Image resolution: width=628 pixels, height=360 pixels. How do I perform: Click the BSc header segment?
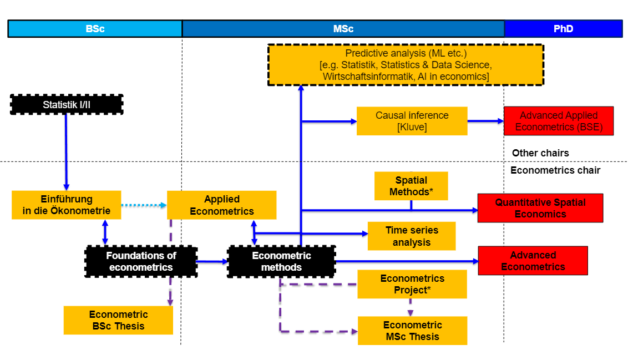(x=95, y=29)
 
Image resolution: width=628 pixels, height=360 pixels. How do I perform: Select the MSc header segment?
(x=343, y=29)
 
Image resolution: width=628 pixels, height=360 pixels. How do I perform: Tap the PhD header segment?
(x=563, y=29)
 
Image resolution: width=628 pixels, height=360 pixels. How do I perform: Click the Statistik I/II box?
(x=67, y=104)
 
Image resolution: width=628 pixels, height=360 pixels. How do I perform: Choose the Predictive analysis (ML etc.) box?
(x=406, y=65)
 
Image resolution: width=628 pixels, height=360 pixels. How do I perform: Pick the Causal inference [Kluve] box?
(x=412, y=121)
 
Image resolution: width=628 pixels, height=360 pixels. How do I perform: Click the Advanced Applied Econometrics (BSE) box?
(x=559, y=121)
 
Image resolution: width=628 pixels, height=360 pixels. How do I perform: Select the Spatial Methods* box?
(x=411, y=186)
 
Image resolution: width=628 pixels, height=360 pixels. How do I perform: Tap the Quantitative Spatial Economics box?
(x=540, y=208)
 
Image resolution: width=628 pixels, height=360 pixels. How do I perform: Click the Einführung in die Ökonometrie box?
(x=67, y=205)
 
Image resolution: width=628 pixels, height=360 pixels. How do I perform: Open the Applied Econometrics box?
(x=221, y=205)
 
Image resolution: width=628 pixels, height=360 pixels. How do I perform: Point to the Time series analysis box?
(x=412, y=236)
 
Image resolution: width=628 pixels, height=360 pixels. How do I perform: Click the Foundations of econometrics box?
(x=141, y=261)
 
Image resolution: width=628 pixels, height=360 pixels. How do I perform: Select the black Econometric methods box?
(x=281, y=261)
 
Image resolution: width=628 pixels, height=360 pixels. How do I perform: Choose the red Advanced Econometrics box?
(x=533, y=261)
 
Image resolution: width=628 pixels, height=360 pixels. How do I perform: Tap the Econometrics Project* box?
(x=412, y=284)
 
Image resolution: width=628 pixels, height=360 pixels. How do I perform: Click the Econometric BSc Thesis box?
(x=118, y=320)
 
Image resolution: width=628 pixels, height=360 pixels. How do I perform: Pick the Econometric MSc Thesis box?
(x=412, y=331)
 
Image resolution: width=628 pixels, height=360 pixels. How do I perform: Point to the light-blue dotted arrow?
(x=144, y=205)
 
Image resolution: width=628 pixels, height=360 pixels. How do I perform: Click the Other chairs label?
(x=540, y=153)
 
